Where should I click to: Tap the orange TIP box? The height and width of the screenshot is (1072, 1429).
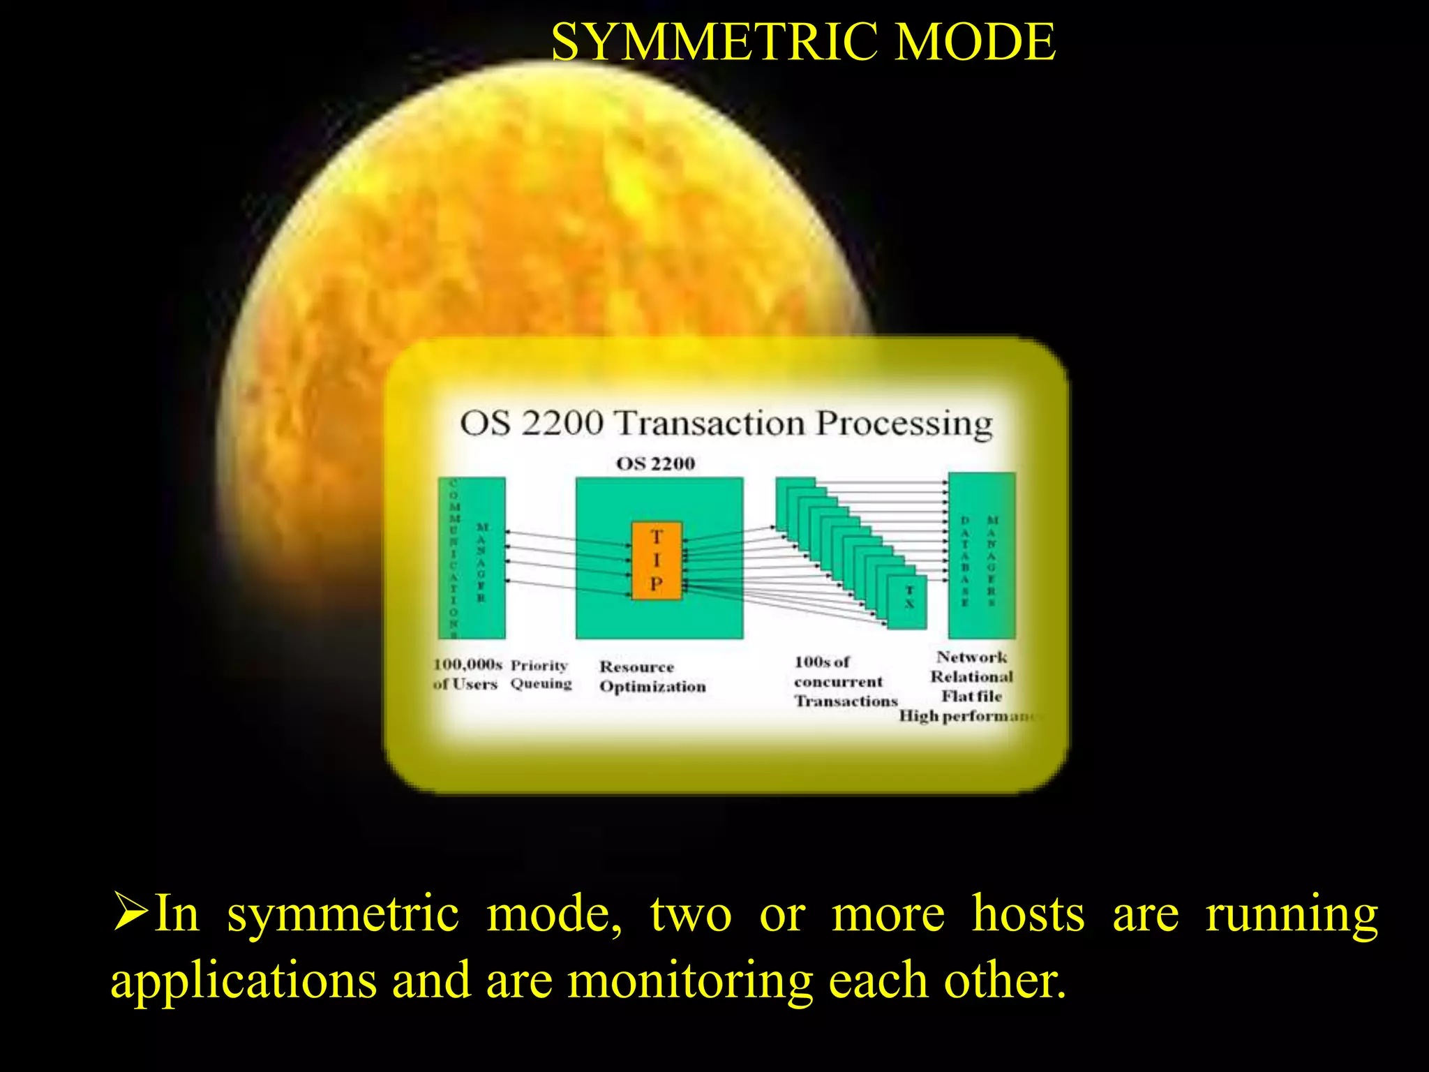point(656,560)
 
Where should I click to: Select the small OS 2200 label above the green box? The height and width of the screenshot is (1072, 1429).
point(655,463)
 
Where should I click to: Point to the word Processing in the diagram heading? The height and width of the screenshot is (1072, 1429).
point(904,423)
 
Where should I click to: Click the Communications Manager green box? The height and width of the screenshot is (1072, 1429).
point(472,558)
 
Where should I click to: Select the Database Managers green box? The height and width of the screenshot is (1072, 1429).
point(981,556)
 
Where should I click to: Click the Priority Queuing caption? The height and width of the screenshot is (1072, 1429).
point(540,674)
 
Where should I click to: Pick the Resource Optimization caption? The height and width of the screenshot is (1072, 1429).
point(652,676)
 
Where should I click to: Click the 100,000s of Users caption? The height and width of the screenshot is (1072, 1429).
point(466,673)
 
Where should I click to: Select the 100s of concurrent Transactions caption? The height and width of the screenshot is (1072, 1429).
point(844,681)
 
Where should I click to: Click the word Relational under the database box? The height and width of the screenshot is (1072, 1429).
point(971,676)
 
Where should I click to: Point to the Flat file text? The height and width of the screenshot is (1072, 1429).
point(971,696)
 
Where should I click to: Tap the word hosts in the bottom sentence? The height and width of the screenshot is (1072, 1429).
point(1028,914)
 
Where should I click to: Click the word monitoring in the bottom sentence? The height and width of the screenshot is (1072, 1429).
point(689,981)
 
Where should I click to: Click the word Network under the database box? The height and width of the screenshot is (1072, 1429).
point(971,657)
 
